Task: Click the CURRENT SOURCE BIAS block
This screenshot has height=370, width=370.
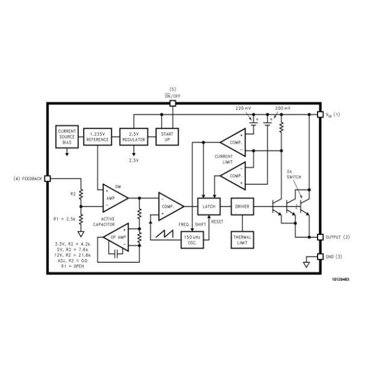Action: tap(67, 136)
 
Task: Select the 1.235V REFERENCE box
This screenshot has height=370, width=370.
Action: tap(97, 136)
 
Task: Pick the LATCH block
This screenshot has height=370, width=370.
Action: tap(208, 206)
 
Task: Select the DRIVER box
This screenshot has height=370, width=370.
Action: tap(242, 206)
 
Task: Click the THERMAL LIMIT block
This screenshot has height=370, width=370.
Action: tap(242, 239)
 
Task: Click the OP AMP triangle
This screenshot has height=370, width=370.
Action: tap(115, 237)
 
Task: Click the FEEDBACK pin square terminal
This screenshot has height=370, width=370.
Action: tap(47, 179)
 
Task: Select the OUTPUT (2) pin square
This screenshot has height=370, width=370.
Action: tap(319, 237)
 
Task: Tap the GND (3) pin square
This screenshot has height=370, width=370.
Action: tap(319, 257)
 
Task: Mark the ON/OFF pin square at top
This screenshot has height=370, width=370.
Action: tap(173, 103)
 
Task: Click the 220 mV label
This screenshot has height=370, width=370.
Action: tap(243, 108)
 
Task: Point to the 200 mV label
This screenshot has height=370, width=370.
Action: tap(283, 108)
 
